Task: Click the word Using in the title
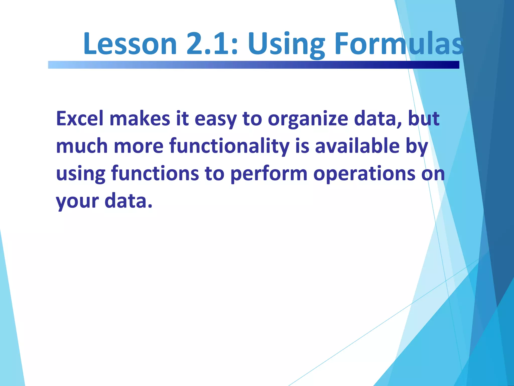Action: (x=286, y=44)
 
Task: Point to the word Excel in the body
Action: (x=80, y=119)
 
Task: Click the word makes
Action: (x=140, y=119)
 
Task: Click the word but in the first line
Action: (x=424, y=119)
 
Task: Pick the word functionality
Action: (x=229, y=146)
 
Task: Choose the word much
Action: (x=82, y=146)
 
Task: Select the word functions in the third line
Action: (x=155, y=174)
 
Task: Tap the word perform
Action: (x=269, y=174)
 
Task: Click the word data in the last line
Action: (x=128, y=201)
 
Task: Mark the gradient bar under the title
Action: (x=253, y=65)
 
